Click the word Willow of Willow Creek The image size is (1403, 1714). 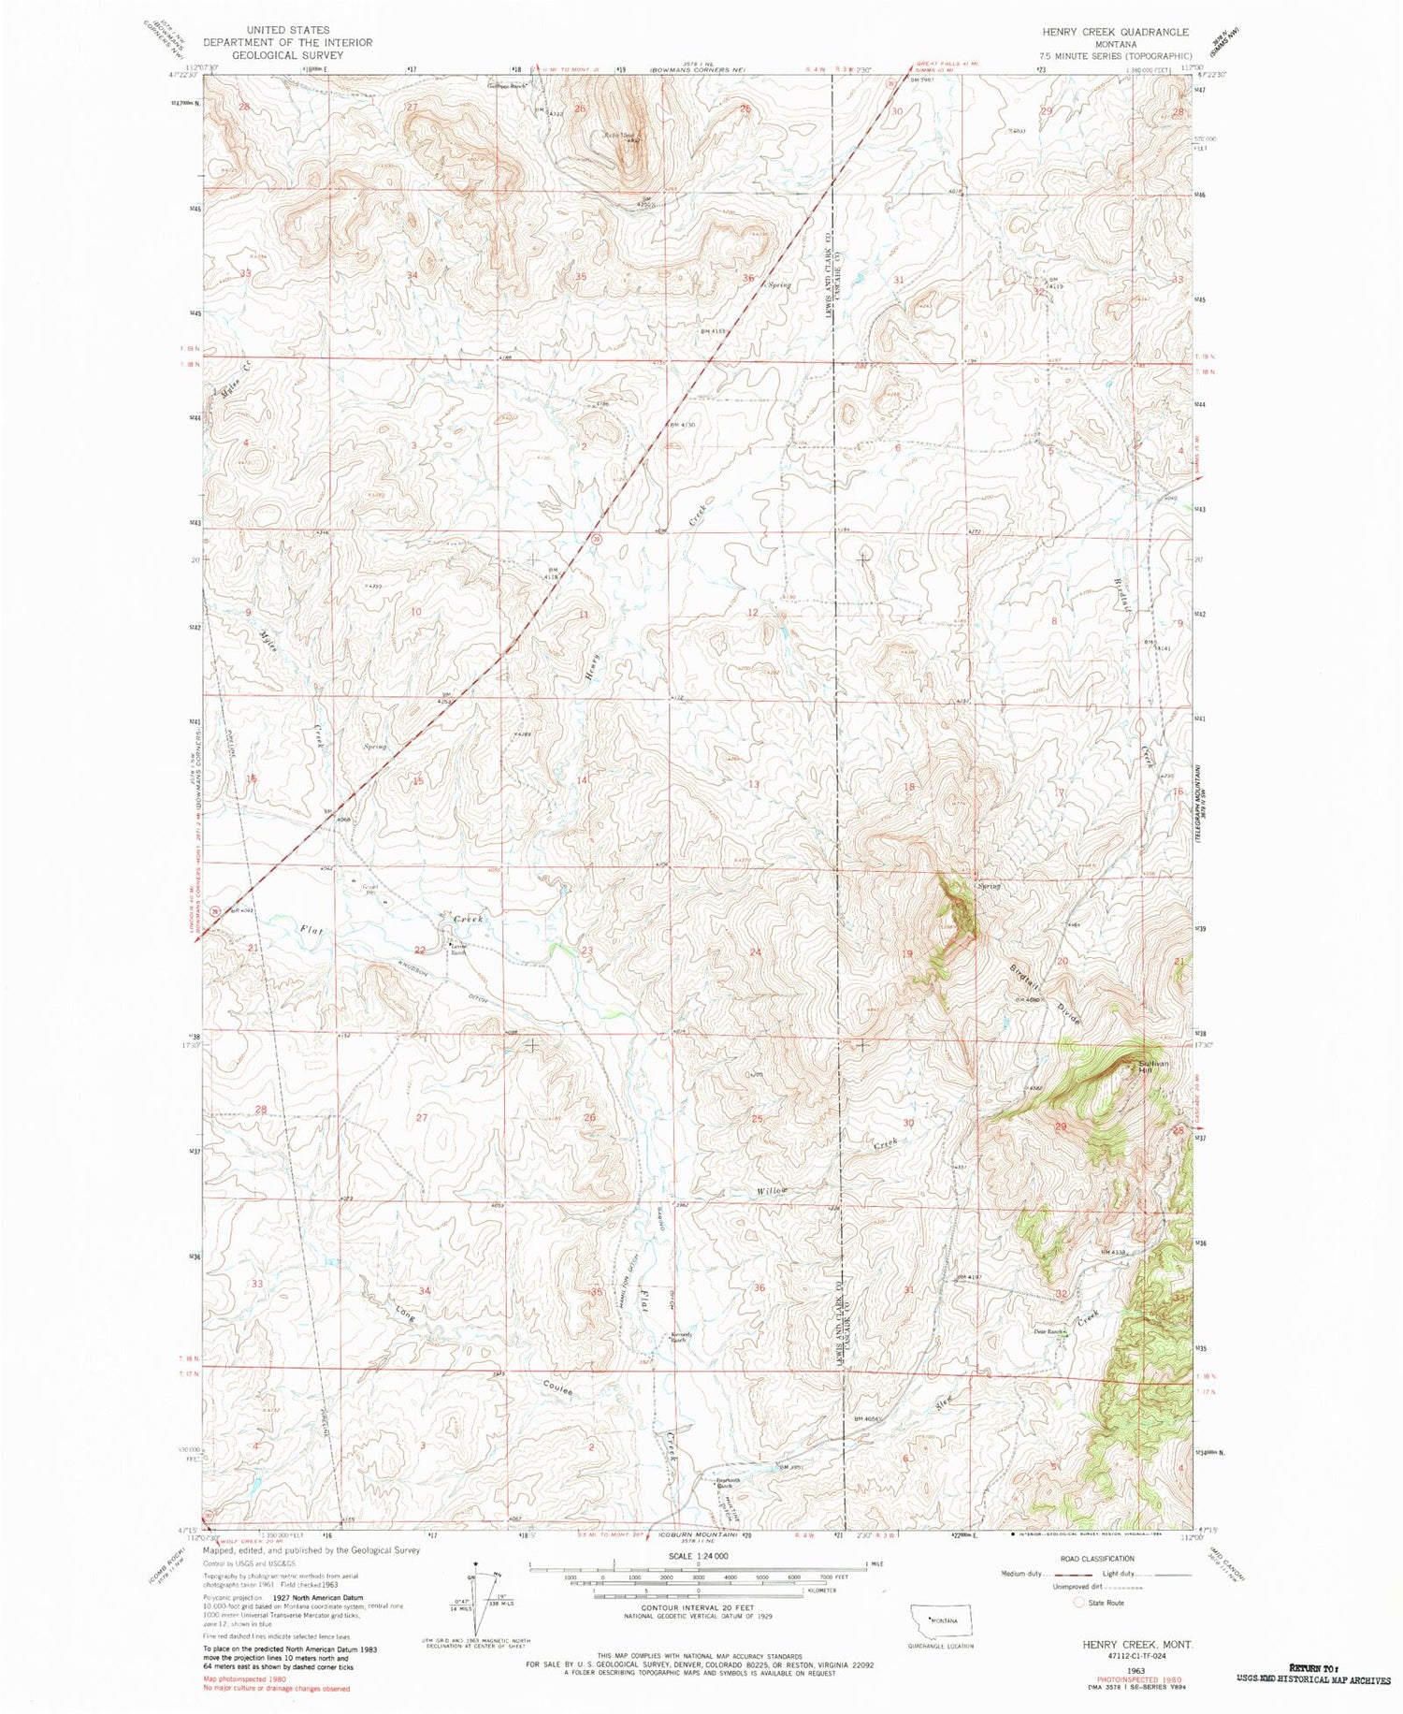pos(773,1190)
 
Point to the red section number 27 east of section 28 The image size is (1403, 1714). pos(422,1117)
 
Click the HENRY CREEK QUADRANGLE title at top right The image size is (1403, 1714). pos(1116,31)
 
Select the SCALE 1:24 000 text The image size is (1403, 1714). pos(697,1556)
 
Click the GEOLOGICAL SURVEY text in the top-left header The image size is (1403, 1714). pos(274,55)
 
